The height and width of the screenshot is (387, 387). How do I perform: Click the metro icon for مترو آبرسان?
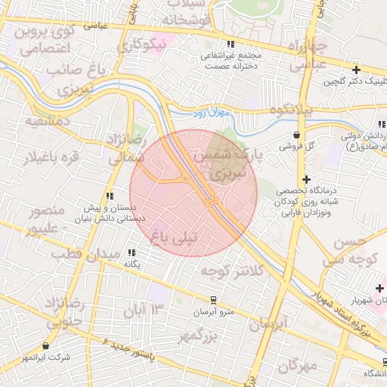[x=213, y=299]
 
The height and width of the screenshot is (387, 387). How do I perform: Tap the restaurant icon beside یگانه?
[x=132, y=253]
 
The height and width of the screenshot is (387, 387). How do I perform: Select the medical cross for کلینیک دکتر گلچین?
[x=355, y=70]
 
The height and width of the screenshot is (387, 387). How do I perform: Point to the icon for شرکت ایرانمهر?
[x=45, y=345]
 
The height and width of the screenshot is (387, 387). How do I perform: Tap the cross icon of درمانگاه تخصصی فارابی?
[x=306, y=179]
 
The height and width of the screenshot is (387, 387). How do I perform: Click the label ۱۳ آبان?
[x=147, y=308]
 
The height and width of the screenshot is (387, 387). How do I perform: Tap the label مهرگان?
[x=297, y=366]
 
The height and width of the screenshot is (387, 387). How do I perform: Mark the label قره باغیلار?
[x=42, y=158]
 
